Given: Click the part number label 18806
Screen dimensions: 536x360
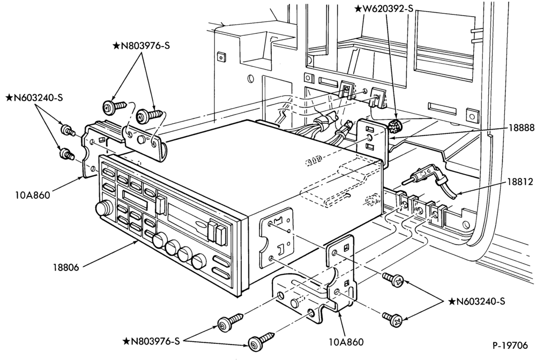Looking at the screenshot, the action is click(x=65, y=267).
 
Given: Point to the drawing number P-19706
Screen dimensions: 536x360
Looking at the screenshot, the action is click(x=510, y=346).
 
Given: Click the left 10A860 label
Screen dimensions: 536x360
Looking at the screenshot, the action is click(x=33, y=196).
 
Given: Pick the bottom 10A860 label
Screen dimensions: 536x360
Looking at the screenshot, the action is click(x=346, y=342).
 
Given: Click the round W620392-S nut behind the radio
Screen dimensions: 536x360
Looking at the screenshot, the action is click(x=395, y=126).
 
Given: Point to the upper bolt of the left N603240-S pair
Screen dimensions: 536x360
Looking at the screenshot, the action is click(x=67, y=130).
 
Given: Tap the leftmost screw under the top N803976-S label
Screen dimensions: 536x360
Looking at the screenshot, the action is click(x=114, y=106).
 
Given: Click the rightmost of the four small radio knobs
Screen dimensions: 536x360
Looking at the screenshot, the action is click(x=198, y=261).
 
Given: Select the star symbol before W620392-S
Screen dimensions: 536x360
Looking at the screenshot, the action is click(x=358, y=9).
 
